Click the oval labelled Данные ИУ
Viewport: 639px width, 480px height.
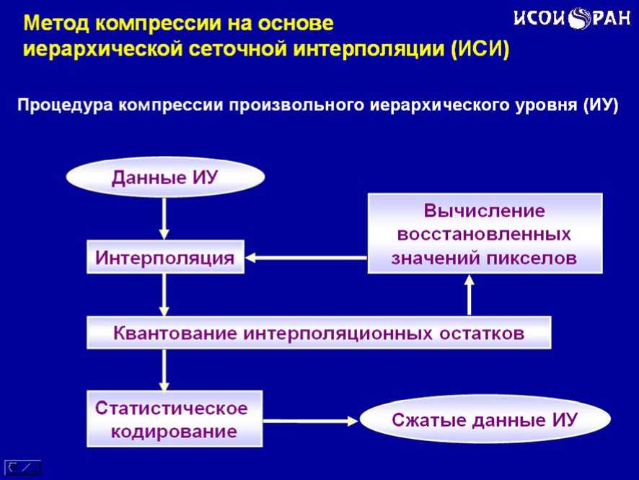click(165, 178)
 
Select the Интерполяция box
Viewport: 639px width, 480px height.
click(165, 258)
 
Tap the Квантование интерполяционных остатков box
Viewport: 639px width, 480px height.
click(319, 333)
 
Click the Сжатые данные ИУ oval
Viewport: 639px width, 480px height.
click(485, 419)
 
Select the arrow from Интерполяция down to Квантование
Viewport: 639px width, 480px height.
click(165, 294)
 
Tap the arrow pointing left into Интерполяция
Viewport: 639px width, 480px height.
click(306, 258)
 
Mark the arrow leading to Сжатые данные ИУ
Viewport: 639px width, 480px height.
click(310, 420)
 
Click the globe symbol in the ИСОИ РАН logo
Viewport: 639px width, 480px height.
click(579, 19)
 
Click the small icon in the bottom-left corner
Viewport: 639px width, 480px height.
click(23, 467)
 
